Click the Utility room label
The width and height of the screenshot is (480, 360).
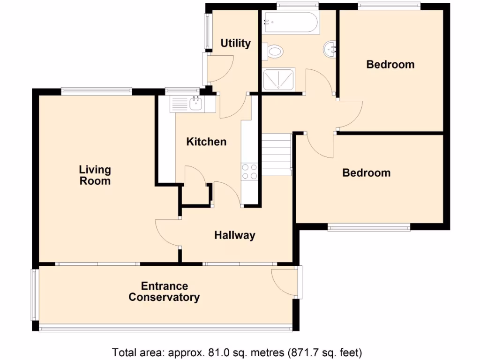coord(235,44)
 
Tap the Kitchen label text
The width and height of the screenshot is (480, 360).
coord(206,142)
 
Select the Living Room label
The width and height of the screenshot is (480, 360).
coord(95,175)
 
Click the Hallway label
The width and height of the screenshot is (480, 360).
coord(234,235)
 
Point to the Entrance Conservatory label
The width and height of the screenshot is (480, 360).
coord(164,292)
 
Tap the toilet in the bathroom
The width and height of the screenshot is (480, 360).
coord(273,51)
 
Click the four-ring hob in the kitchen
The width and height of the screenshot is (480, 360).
coord(249,172)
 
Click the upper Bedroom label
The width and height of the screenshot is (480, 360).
coord(390,64)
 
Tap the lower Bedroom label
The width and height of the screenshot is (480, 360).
coord(366,173)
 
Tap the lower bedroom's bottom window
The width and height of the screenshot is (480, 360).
coord(369,228)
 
